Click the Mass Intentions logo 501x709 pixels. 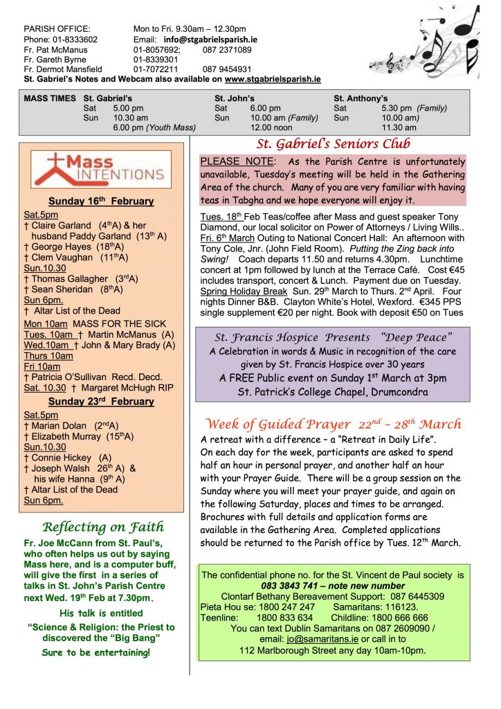(102, 169)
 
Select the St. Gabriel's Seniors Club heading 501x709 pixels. (334, 144)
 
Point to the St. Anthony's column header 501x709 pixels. (361, 98)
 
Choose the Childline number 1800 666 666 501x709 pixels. (398, 618)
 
